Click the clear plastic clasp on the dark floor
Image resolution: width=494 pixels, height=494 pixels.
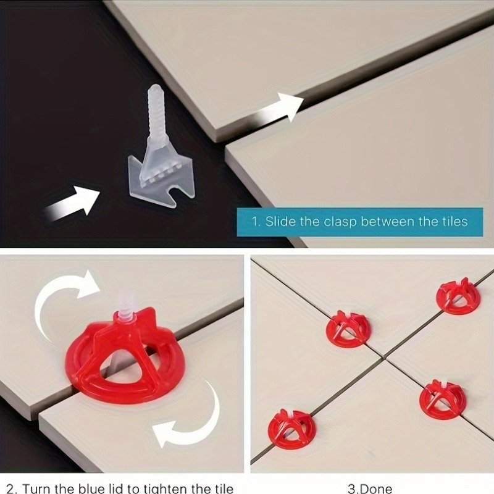161,157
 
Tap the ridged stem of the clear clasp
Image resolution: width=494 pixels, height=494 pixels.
157,114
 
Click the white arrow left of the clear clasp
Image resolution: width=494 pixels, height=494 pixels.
72,204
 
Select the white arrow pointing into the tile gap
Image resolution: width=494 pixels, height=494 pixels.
277,109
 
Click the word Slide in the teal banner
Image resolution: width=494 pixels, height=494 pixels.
280,222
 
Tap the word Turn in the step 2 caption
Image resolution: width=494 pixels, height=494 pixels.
37,488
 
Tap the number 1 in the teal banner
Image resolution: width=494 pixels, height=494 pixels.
255,222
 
